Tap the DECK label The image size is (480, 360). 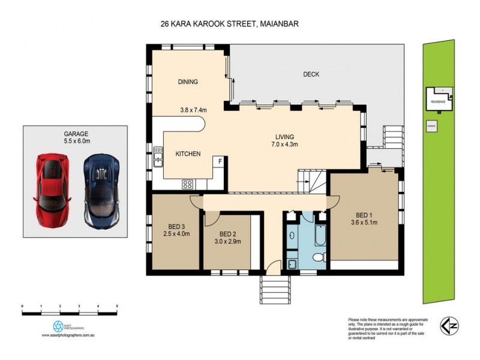tap(311, 74)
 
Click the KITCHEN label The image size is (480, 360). tap(187, 154)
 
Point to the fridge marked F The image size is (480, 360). tap(220, 161)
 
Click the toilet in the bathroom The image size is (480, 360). tap(320, 257)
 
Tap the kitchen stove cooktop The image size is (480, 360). tap(188, 184)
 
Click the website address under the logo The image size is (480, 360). tap(70, 336)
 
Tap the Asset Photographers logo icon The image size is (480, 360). tap(58, 325)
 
